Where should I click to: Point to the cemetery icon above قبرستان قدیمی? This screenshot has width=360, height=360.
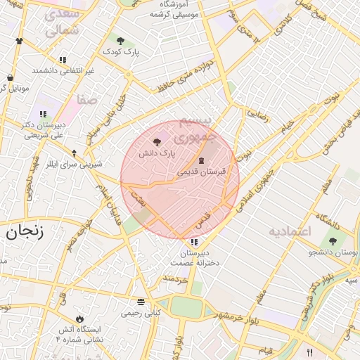coord(202,162)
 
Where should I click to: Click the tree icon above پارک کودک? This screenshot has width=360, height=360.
coord(120,41)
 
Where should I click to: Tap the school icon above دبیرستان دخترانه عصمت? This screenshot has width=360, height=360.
coord(193,243)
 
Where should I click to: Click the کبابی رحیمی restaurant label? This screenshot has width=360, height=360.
coord(141,312)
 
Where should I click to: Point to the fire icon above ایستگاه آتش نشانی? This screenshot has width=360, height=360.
coord(79,319)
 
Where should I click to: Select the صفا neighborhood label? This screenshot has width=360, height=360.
coord(87,101)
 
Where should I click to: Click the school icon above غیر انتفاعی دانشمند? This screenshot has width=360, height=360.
coord(63,60)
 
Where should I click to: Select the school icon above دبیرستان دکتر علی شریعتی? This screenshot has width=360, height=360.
coord(43,114)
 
